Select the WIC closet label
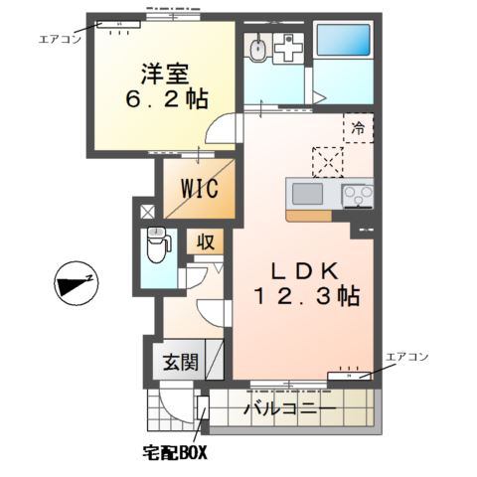click(200, 188)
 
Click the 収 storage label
click(205, 241)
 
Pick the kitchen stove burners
click(355, 195)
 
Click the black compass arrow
click(73, 285)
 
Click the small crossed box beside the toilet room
click(147, 211)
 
